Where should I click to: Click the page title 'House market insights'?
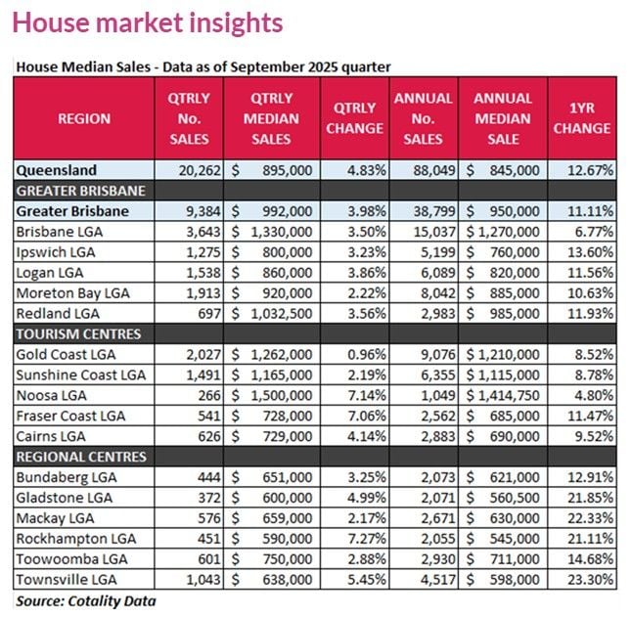pos(147,22)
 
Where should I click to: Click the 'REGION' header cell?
pos(84,119)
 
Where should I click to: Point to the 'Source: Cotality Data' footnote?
pos(86,601)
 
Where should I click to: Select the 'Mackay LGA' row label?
pos(52,518)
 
